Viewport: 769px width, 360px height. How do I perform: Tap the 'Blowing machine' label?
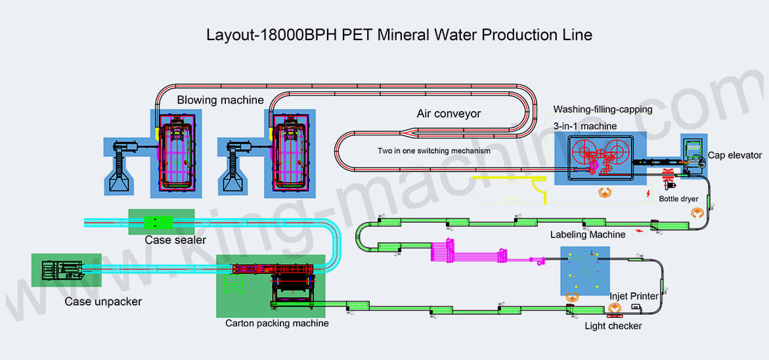click(220, 101)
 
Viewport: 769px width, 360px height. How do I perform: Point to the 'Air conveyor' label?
click(449, 114)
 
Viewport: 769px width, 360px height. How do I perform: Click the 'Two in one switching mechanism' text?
click(434, 150)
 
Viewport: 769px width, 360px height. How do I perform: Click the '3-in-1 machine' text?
click(584, 125)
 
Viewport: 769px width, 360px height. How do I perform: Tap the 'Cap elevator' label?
click(735, 156)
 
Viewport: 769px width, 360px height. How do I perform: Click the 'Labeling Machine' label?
click(588, 235)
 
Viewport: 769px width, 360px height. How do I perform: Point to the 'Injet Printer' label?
click(634, 296)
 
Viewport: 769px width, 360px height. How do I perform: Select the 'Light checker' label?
click(613, 326)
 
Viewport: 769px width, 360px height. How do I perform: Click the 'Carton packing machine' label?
click(277, 323)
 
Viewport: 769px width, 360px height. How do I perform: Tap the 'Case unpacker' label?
click(102, 302)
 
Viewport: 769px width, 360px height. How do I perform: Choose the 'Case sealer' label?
click(175, 240)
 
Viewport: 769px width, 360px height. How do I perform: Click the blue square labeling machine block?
click(584, 271)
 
